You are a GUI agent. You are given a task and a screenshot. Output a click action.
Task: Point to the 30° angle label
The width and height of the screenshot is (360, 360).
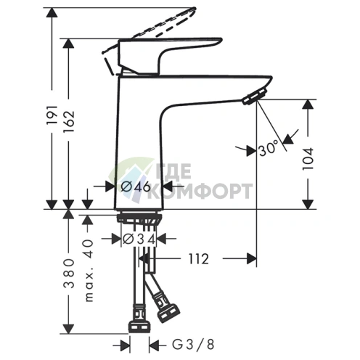[267, 150]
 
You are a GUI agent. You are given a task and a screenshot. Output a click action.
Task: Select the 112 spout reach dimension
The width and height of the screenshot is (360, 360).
[198, 258]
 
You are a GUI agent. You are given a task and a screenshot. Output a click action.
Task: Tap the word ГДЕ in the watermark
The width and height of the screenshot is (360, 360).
[171, 175]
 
